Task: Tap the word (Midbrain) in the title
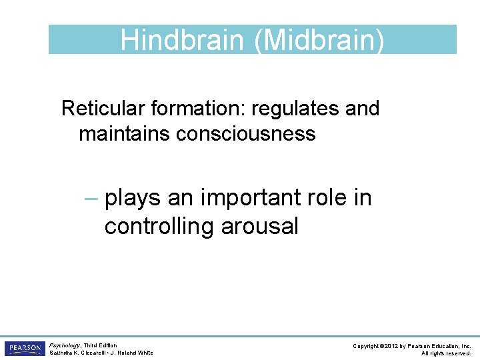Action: point(319,41)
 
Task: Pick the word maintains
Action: point(124,133)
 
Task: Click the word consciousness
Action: point(245,133)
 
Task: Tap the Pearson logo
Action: point(25,349)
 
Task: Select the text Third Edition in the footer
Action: point(100,346)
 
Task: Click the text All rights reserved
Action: point(446,353)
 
